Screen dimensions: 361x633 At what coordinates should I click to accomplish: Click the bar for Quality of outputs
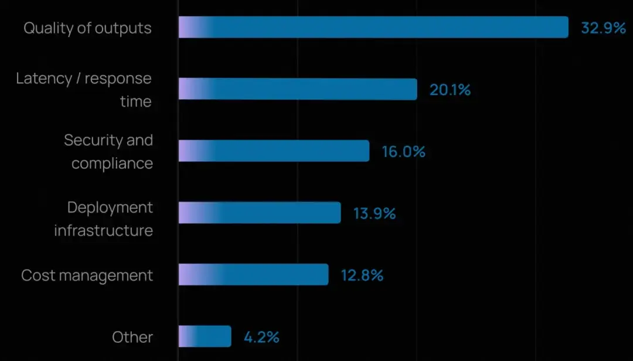pos(373,27)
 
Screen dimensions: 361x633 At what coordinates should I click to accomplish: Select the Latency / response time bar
pos(298,89)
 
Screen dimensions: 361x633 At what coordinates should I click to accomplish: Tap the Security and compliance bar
pos(274,151)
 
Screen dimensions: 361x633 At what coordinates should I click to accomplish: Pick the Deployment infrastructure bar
pos(260,212)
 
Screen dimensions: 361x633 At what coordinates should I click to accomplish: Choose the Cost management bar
pos(253,275)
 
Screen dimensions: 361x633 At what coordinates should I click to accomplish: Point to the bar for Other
pos(205,336)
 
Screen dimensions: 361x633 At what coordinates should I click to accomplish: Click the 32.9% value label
pos(603,28)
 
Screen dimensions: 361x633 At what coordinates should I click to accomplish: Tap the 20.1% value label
pos(450,90)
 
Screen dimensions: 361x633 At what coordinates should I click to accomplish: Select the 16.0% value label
pos(403,151)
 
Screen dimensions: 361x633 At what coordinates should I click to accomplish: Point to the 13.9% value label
pos(374,213)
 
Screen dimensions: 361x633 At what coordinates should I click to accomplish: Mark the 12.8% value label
pos(362,275)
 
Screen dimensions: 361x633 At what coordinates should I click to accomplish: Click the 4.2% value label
pos(261,337)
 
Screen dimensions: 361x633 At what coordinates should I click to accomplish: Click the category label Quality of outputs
pos(87,28)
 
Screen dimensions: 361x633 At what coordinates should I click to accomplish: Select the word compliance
pos(112,163)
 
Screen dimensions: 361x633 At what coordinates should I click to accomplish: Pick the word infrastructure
pos(103,230)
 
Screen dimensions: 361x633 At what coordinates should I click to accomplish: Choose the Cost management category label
pos(87,275)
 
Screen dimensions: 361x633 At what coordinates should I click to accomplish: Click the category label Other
pos(132,337)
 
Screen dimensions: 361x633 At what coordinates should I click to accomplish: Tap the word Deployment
pos(110,207)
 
